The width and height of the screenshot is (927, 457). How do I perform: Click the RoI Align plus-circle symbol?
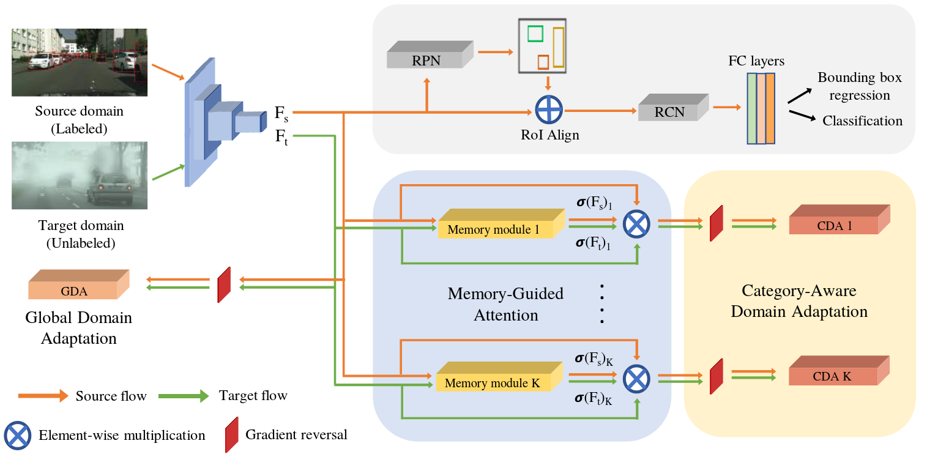tap(549, 111)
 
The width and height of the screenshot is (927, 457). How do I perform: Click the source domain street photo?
tap(80, 62)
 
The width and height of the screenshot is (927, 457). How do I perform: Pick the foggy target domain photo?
tap(80, 176)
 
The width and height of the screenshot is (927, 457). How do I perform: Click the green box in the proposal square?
tap(535, 33)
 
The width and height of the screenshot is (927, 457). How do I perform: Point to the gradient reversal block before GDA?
tap(224, 284)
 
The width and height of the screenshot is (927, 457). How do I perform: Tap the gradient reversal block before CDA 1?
tap(717, 223)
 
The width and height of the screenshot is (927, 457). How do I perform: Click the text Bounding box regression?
tap(860, 86)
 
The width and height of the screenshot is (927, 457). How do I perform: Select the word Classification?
tap(862, 121)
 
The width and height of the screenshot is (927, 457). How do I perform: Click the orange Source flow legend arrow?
tap(43, 396)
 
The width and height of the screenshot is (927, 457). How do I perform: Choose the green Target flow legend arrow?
tap(182, 396)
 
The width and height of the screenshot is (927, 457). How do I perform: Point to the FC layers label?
tap(756, 61)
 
